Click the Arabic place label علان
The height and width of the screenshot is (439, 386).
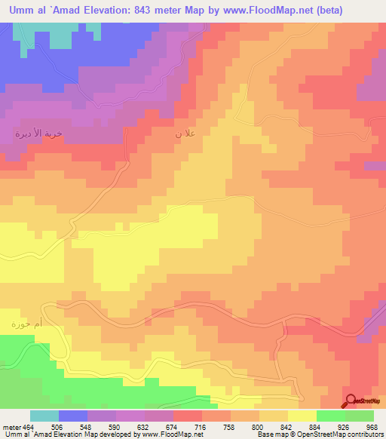(x=189, y=134)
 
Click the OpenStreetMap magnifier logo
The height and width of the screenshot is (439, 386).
(x=351, y=401)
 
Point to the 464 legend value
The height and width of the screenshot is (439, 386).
(x=25, y=426)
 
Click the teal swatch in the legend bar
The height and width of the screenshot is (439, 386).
(x=44, y=416)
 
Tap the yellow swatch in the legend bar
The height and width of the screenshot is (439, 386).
(x=302, y=416)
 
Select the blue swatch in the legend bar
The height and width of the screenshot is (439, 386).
(x=73, y=416)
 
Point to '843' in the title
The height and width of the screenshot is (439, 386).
(x=147, y=10)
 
